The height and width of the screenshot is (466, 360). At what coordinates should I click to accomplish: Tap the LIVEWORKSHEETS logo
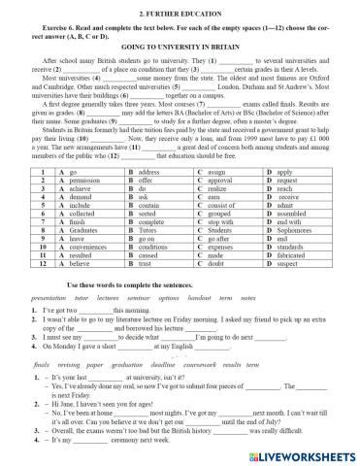click(302, 454)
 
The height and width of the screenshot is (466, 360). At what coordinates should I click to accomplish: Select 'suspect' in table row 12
click(289, 260)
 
